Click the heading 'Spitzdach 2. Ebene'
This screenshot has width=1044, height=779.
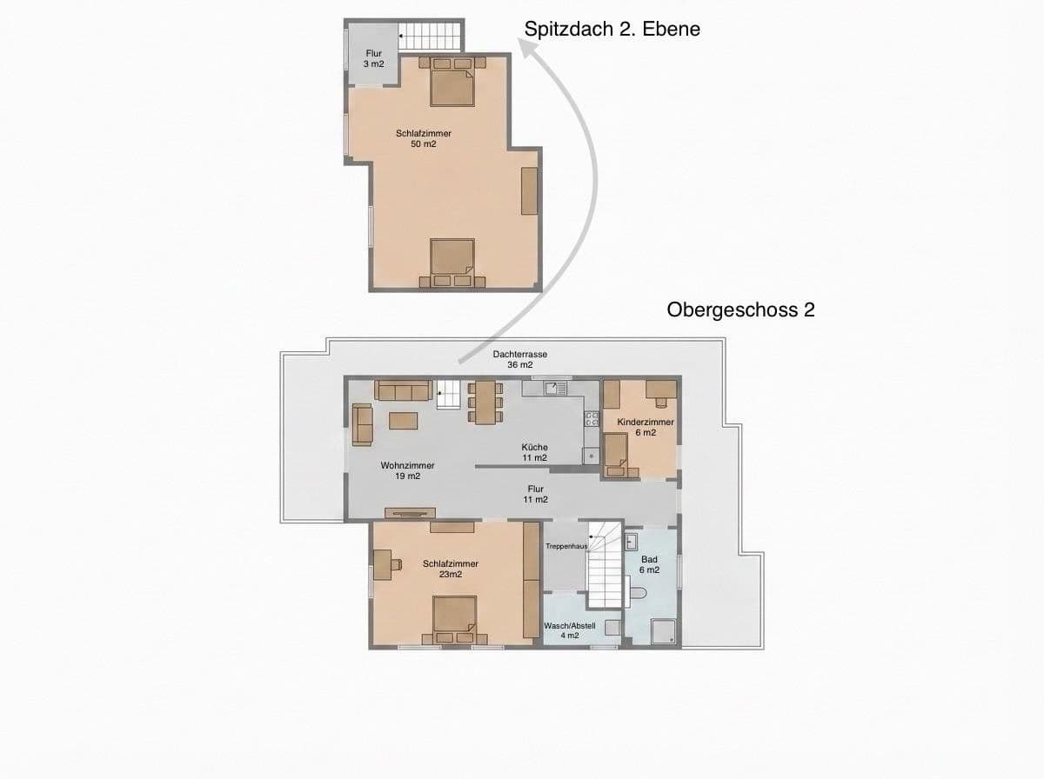[612, 29]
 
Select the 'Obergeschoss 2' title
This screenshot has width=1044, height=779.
[740, 310]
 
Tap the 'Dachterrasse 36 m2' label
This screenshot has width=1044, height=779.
[519, 360]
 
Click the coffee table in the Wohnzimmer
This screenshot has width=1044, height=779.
[403, 421]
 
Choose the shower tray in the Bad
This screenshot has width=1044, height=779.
[665, 631]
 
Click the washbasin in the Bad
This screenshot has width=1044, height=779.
[632, 543]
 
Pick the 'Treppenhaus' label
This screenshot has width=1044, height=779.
[565, 546]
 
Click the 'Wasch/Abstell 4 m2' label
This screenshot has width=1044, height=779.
[569, 630]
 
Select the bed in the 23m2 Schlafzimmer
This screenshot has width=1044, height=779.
[454, 617]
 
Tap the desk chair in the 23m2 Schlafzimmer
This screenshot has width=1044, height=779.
[395, 564]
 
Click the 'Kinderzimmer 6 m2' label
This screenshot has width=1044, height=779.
[645, 427]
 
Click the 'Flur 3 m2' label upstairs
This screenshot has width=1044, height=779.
[372, 59]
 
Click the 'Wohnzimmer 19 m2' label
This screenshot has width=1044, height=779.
[407, 470]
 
